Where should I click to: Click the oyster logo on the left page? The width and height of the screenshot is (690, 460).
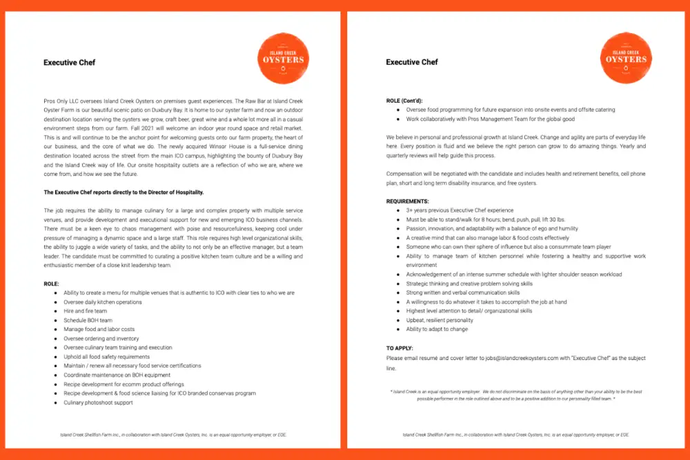(x=283, y=59)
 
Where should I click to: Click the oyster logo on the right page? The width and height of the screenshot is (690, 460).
(x=626, y=59)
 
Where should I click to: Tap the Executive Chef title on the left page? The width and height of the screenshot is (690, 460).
(x=69, y=63)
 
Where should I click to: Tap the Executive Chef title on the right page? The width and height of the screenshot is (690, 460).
(x=412, y=63)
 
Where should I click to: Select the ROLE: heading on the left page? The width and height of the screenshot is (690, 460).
(x=52, y=283)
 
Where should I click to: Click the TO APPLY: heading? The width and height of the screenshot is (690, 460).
(x=400, y=348)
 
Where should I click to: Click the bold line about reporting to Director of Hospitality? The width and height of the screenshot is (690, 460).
(x=123, y=192)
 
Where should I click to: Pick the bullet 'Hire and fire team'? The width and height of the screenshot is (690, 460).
(x=85, y=311)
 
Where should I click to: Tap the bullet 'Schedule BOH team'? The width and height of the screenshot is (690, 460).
(x=88, y=320)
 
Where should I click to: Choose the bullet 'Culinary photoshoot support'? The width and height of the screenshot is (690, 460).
(x=98, y=402)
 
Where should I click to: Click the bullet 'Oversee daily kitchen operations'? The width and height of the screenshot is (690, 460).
(x=103, y=302)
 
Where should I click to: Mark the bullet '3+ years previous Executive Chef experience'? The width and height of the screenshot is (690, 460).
(x=460, y=210)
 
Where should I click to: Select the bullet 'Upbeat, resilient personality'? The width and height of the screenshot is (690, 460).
(x=440, y=320)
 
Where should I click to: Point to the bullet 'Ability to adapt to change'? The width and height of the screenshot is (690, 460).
(x=437, y=329)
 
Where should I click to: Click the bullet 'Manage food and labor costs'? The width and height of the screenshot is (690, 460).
(x=99, y=329)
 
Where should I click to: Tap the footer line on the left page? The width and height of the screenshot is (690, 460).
(x=172, y=434)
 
